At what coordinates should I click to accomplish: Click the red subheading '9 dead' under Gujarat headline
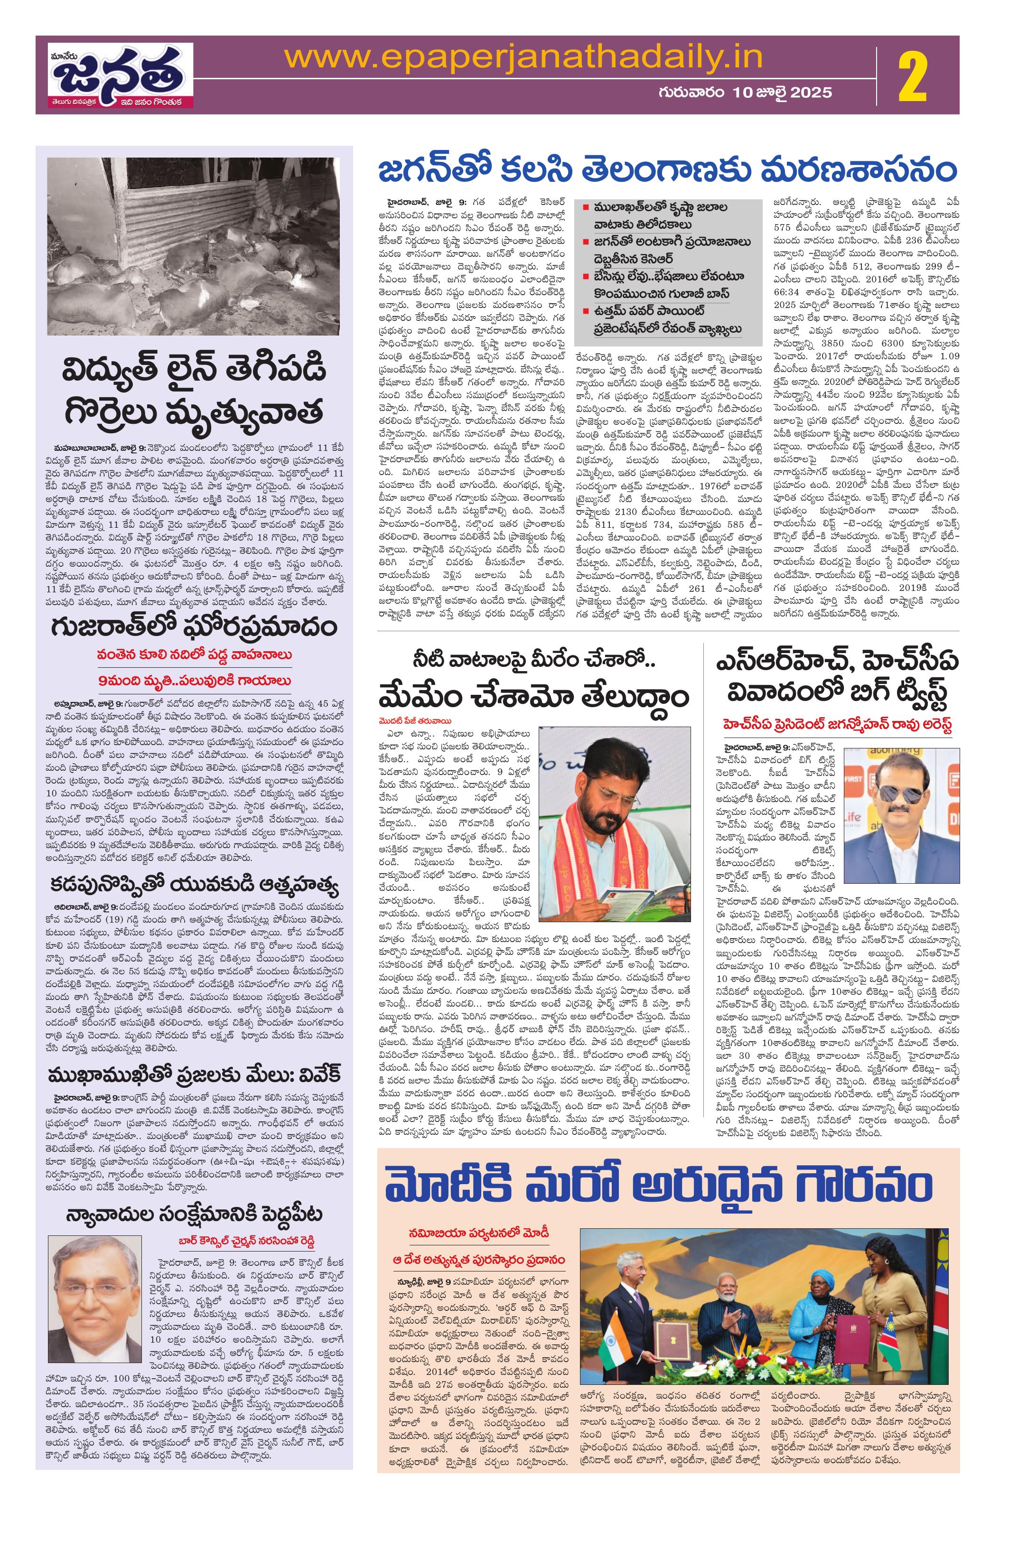(195, 681)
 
